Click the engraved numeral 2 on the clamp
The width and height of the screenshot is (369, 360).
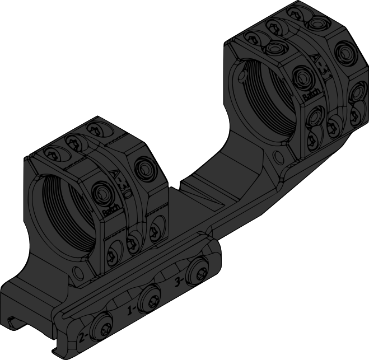point(83,337)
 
